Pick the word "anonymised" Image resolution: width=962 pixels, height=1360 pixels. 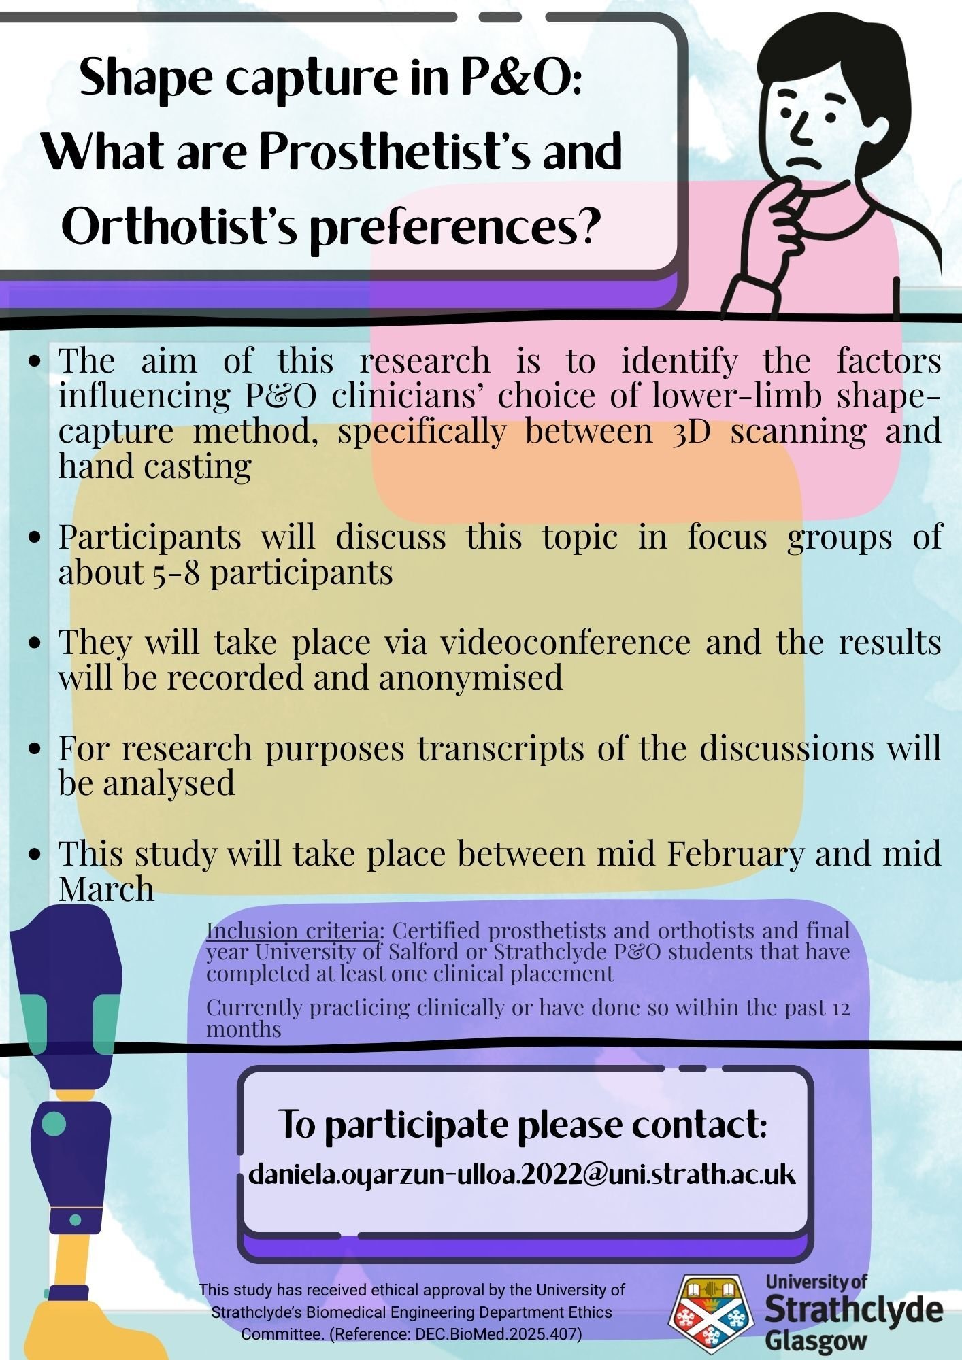pos(471,678)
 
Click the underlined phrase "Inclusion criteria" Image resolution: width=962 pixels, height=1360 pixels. pos(293,930)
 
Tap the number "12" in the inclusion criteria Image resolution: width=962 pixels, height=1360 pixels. pos(841,1007)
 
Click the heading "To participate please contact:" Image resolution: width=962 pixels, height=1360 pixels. pos(523,1125)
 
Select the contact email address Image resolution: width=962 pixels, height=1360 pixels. pos(522,1174)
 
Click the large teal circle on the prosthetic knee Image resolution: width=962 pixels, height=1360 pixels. pos(54,1123)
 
